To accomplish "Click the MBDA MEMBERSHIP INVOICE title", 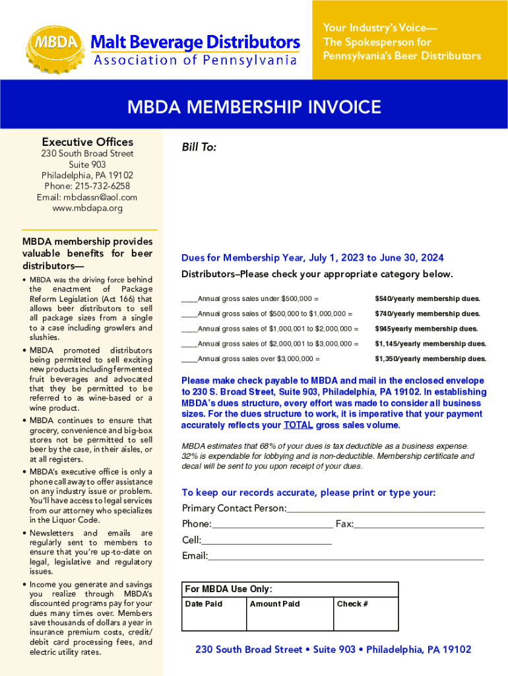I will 254,107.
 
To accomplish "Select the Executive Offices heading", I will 87,142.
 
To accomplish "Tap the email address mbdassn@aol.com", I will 87,197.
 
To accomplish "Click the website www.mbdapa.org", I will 87,209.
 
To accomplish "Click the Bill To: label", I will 199,148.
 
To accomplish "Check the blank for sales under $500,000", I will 189,299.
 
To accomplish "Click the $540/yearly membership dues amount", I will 428,299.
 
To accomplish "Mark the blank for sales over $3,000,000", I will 189,359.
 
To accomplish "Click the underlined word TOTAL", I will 298,425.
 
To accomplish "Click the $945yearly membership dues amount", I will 426,329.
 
